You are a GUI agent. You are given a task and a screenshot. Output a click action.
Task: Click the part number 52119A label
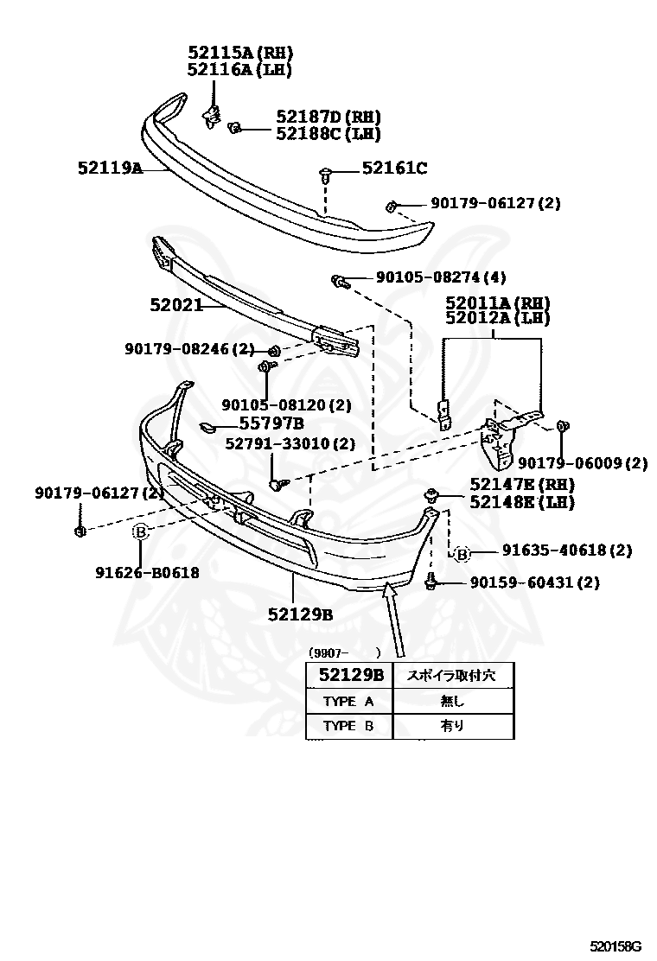(x=110, y=169)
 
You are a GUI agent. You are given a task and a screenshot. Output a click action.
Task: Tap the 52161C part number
(x=394, y=169)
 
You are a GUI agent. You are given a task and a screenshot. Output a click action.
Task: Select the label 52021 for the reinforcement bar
(x=175, y=305)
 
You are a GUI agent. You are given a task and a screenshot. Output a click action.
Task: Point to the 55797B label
(x=271, y=423)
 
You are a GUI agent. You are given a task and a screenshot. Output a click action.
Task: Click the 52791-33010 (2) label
(x=290, y=444)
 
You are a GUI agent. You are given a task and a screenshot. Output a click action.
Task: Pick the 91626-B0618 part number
(x=148, y=572)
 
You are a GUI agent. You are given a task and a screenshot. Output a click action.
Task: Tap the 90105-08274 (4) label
(x=441, y=277)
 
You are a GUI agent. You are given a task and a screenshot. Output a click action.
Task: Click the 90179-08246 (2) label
(x=189, y=349)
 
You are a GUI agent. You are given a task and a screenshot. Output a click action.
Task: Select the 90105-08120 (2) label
(x=286, y=404)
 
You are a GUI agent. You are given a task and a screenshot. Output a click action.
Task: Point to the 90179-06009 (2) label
(x=583, y=463)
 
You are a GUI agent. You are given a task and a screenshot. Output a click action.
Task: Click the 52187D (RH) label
(x=328, y=117)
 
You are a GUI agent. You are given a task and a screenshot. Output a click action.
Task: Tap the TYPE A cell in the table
(x=348, y=701)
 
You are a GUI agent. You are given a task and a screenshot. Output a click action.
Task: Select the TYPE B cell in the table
(x=348, y=726)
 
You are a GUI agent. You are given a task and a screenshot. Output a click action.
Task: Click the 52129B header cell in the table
(x=349, y=675)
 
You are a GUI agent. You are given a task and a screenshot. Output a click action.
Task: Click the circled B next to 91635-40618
(x=462, y=554)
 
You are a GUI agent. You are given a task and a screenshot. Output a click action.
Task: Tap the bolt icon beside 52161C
(x=325, y=175)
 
